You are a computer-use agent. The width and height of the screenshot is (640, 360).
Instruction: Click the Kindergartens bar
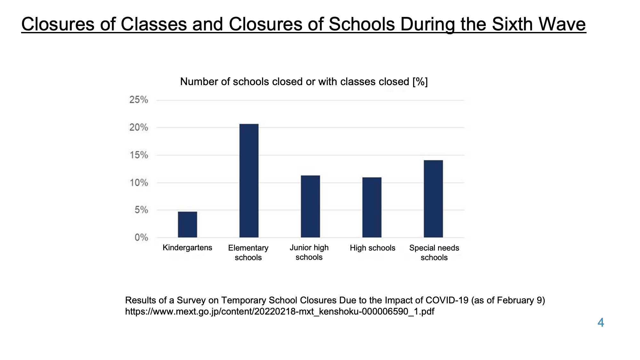click(188, 224)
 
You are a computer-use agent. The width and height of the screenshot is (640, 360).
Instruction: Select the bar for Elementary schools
click(249, 180)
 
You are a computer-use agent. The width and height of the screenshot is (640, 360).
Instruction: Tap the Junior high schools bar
click(310, 206)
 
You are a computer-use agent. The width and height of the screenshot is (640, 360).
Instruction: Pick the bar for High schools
click(372, 207)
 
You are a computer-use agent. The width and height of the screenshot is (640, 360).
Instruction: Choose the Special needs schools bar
click(433, 199)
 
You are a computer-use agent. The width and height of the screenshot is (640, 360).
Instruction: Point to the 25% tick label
click(139, 100)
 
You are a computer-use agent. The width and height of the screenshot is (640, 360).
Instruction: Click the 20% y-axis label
click(139, 128)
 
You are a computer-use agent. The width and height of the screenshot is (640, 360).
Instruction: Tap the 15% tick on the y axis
click(139, 155)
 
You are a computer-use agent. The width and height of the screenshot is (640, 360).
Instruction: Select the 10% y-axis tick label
click(139, 183)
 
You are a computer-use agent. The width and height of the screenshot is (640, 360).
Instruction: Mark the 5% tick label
click(141, 210)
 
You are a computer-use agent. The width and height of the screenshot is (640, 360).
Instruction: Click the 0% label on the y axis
click(141, 237)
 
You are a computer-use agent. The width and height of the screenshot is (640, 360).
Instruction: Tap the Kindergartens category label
click(187, 248)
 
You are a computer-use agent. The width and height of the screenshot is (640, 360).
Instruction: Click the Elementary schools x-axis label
click(248, 253)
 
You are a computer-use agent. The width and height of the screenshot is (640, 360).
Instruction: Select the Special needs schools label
click(434, 253)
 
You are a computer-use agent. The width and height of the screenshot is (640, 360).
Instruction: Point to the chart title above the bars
click(304, 82)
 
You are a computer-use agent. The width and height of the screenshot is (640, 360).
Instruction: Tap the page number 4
click(601, 323)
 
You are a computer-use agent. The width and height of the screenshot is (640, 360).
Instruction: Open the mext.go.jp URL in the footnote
click(280, 312)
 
